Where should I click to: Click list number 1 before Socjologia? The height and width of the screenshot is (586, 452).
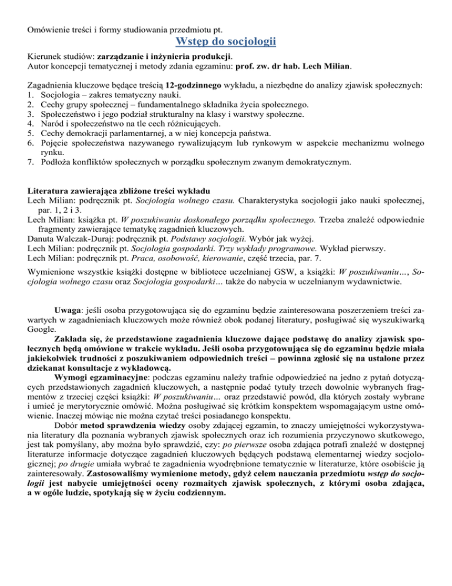click(x=32, y=97)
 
